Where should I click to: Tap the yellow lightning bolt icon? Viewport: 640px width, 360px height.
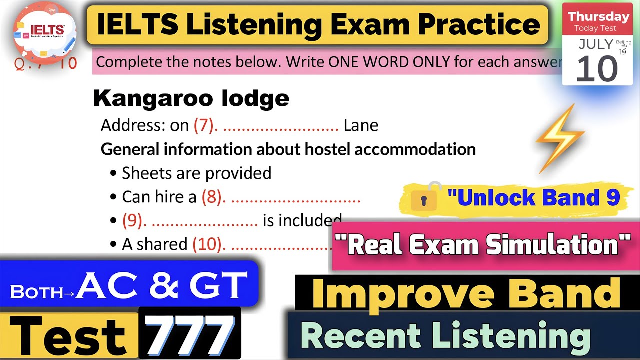pyautogui.click(x=559, y=138)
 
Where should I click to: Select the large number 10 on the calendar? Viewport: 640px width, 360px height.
pyautogui.click(x=596, y=69)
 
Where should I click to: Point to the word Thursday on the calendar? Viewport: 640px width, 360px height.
pyautogui.click(x=598, y=16)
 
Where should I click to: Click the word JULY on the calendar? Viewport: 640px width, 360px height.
pyautogui.click(x=595, y=44)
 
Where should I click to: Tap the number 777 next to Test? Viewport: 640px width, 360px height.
pyautogui.click(x=190, y=334)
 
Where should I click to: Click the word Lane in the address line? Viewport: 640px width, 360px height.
pyautogui.click(x=361, y=125)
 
